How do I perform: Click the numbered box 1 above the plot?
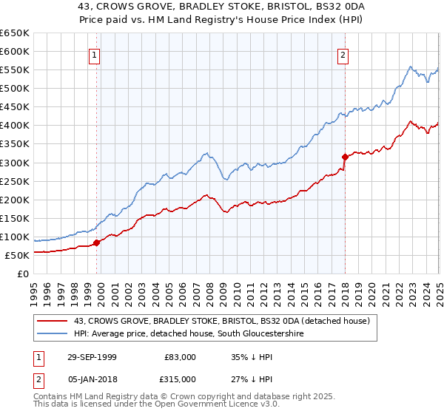click(x=96, y=54)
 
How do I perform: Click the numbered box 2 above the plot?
click(x=344, y=54)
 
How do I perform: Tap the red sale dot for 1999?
click(x=97, y=242)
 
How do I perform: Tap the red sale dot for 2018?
click(x=345, y=157)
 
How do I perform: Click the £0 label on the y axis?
click(x=23, y=274)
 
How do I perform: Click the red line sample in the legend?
click(x=52, y=321)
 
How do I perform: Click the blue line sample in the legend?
click(x=52, y=334)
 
